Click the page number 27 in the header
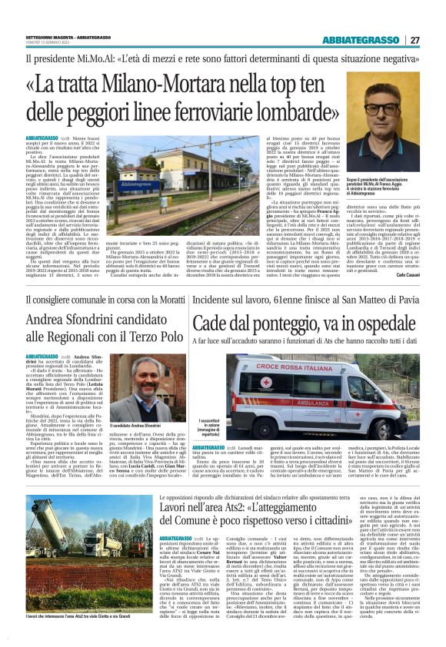(414, 40)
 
